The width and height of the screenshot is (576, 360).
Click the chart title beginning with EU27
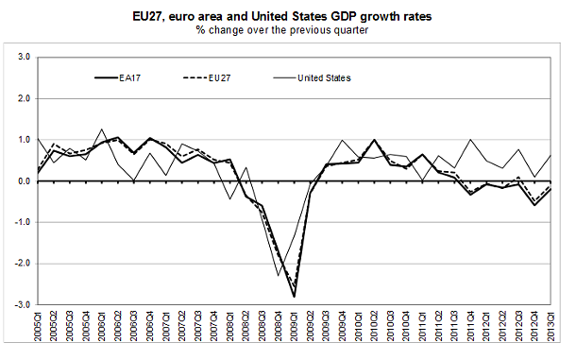point(287,16)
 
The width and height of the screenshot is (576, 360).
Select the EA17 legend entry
point(127,77)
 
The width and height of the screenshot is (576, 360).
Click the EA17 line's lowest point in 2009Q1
point(294,297)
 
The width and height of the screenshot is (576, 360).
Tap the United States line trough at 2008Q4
point(278,276)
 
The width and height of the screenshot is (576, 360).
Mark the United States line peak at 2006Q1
point(102,129)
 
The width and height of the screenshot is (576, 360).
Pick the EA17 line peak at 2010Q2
point(374,140)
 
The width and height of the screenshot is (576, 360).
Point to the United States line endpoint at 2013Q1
point(551,155)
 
